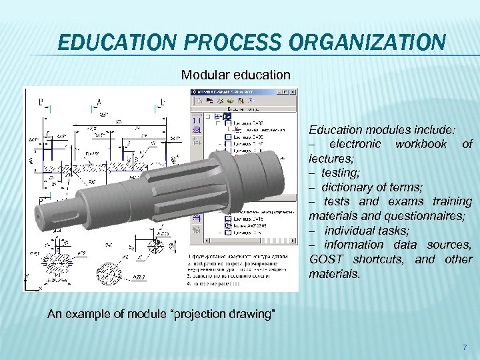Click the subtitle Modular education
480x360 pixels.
coord(236,75)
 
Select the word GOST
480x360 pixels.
coord(329,259)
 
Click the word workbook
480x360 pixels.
coord(421,143)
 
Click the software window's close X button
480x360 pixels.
coord(294,91)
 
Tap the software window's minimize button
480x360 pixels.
coord(277,91)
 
